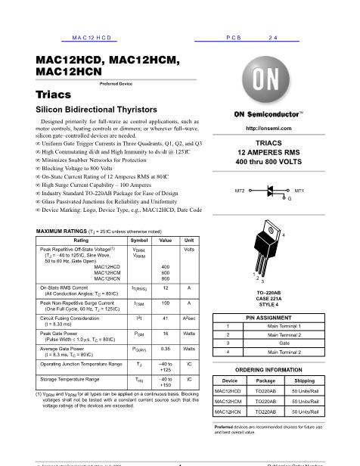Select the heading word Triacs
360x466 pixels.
(53, 95)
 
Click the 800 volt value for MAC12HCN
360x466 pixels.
(166, 279)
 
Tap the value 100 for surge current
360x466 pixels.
(166, 303)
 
